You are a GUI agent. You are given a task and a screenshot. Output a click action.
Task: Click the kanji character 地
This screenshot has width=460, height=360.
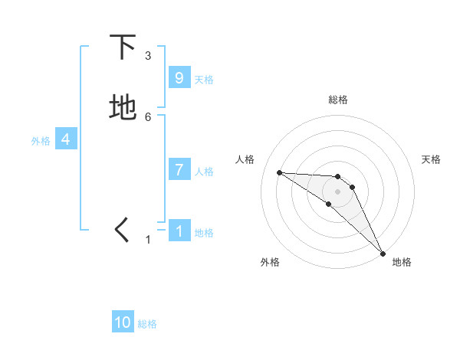point(123,108)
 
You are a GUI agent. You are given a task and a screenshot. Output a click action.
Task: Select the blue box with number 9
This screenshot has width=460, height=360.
point(179,78)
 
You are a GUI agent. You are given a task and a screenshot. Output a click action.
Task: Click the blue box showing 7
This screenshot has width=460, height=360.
point(179,170)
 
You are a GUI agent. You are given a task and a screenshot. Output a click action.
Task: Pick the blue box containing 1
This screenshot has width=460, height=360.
point(179,231)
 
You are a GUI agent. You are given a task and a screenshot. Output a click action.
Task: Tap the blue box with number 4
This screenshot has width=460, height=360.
point(66,139)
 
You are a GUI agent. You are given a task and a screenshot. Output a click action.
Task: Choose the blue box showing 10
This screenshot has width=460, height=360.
point(123,322)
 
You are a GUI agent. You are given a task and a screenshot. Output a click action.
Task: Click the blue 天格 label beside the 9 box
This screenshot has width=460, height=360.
point(204,80)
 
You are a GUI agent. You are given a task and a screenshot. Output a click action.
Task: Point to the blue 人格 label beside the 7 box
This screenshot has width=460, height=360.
point(204,172)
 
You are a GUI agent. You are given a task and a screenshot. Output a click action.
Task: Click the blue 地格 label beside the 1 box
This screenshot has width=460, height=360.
point(204,233)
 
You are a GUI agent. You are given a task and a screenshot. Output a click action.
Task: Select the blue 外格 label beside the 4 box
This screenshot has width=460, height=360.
point(41,141)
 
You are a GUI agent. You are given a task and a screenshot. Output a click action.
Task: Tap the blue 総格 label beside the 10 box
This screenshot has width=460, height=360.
point(147,324)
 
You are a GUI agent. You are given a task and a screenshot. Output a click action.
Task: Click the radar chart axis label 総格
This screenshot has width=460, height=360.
point(338,100)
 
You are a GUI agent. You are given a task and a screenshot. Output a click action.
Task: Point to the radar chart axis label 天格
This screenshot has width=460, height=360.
point(432,159)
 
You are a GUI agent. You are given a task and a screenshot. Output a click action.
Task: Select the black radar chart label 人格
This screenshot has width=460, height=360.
point(245,159)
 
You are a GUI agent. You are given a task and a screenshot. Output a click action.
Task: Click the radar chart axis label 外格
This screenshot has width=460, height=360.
point(270,262)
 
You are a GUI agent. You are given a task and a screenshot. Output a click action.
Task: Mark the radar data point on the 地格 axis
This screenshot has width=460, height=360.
point(383,253)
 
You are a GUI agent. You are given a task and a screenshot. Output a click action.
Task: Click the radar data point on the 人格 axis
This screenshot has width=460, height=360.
point(280,172)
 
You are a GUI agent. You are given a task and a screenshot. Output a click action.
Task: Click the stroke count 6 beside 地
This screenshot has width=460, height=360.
point(148,116)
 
